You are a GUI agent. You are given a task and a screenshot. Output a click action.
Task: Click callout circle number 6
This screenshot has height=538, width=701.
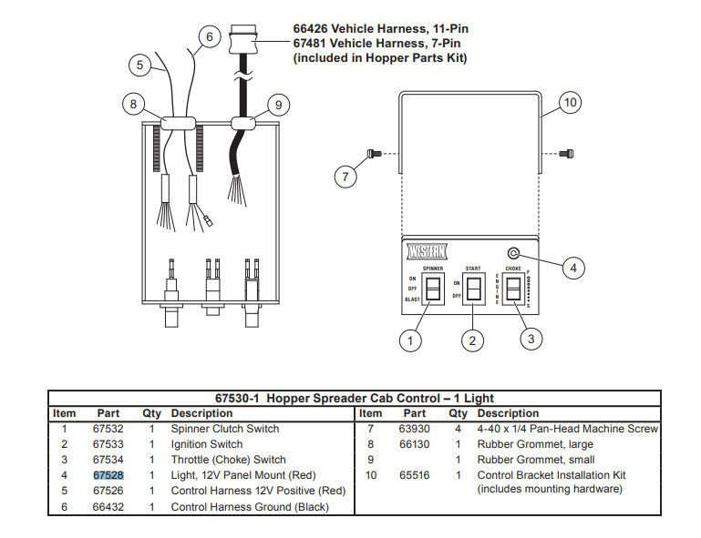pos(209,36)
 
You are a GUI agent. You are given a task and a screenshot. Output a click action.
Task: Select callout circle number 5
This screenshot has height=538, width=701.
pos(139,65)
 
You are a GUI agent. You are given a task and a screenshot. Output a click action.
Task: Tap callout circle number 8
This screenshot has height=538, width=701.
pos(133,105)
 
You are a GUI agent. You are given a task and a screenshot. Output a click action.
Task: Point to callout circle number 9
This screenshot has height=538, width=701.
pos(278,105)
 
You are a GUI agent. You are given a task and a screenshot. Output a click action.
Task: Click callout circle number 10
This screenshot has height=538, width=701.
pos(570,103)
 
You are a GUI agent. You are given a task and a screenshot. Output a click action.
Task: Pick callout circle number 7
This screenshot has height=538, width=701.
pos(345,178)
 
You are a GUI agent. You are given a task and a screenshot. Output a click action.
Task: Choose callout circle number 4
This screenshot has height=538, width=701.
pos(573,268)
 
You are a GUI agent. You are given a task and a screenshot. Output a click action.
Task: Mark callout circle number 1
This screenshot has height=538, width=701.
pos(411,340)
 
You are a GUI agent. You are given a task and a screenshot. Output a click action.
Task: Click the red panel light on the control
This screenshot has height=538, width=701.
pos(514,255)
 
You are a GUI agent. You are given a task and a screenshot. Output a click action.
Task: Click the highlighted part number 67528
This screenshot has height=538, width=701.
pos(108,475)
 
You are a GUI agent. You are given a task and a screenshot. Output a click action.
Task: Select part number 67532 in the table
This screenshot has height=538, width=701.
pos(108,429)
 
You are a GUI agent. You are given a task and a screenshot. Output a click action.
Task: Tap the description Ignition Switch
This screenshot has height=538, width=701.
pos(207,444)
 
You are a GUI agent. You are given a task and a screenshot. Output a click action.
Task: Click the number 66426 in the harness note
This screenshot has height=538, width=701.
pos(314,29)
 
